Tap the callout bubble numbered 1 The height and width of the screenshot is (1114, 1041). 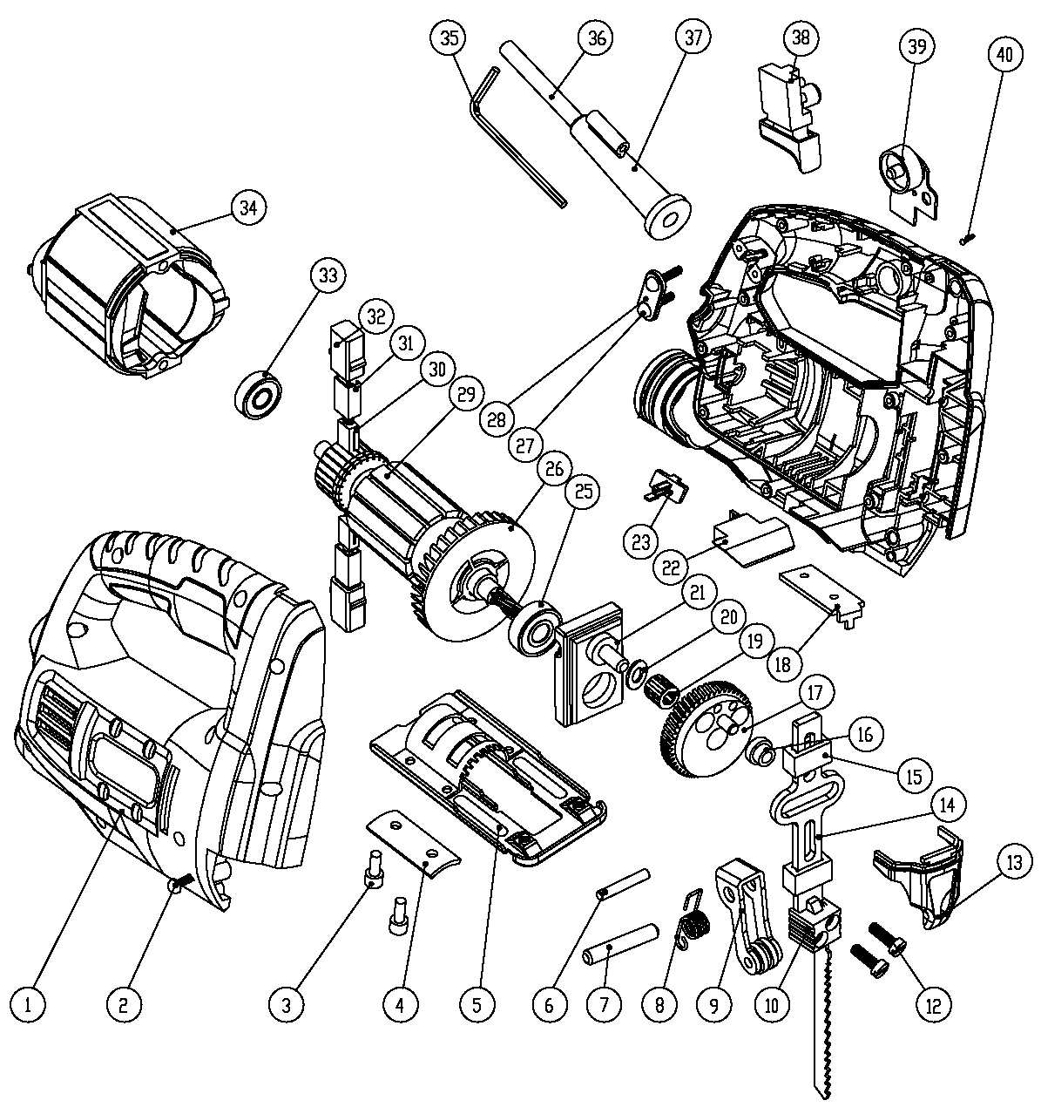29,1005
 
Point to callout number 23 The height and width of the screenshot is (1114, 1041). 641,542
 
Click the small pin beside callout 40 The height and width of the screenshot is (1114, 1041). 965,237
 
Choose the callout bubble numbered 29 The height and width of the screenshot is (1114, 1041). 464,395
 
